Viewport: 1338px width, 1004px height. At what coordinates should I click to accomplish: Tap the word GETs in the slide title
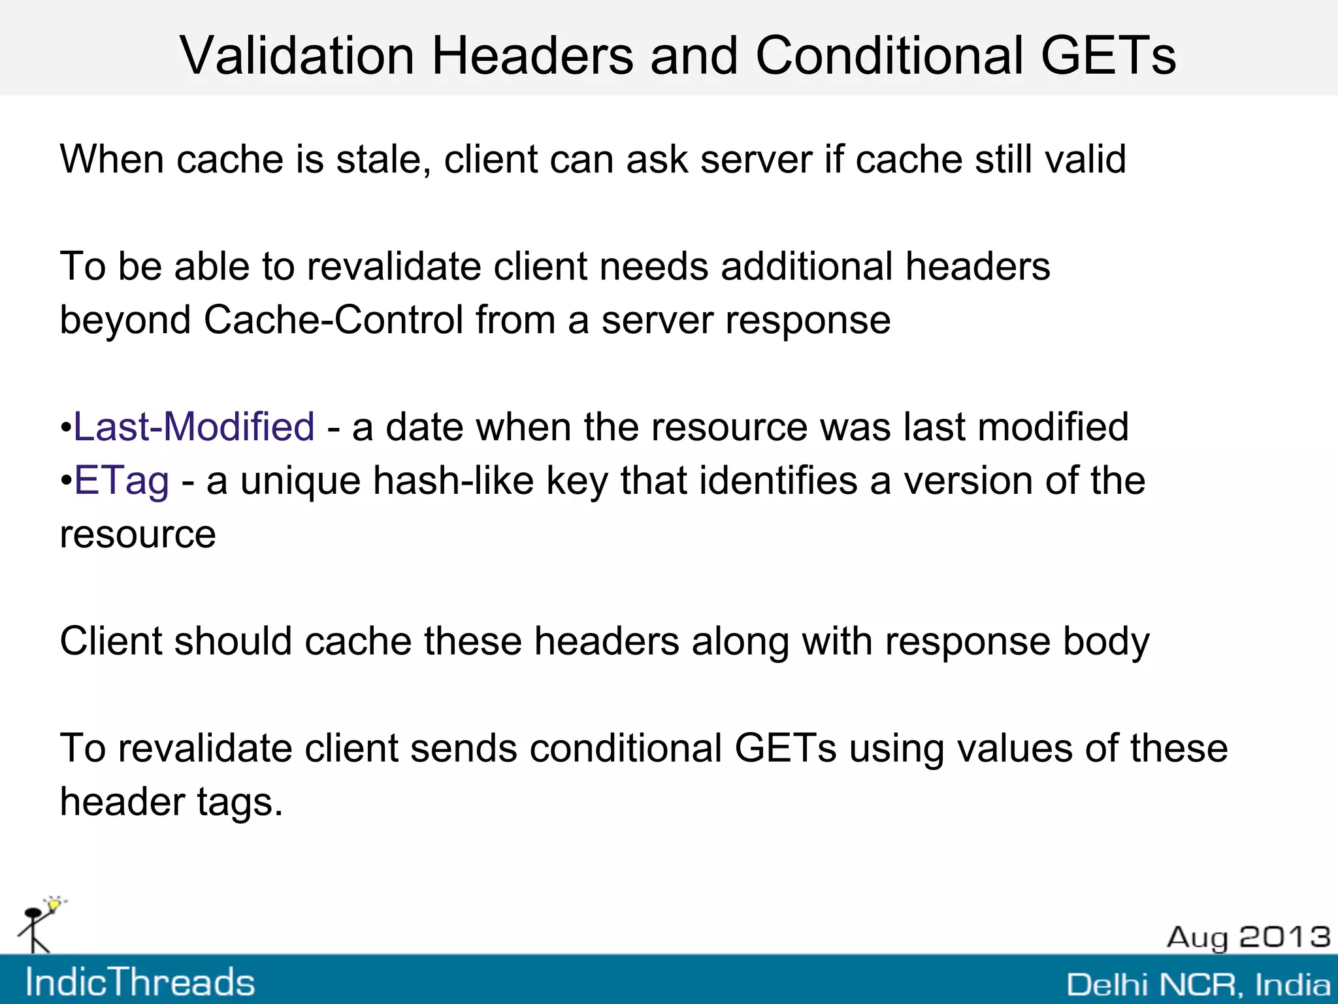(1108, 56)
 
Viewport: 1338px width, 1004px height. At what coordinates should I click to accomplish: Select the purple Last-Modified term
(194, 427)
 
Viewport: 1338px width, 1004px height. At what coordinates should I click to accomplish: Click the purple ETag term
(122, 481)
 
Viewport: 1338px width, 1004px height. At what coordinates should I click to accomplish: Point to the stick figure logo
(39, 924)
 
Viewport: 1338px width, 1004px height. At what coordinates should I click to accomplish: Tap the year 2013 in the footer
(1284, 937)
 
